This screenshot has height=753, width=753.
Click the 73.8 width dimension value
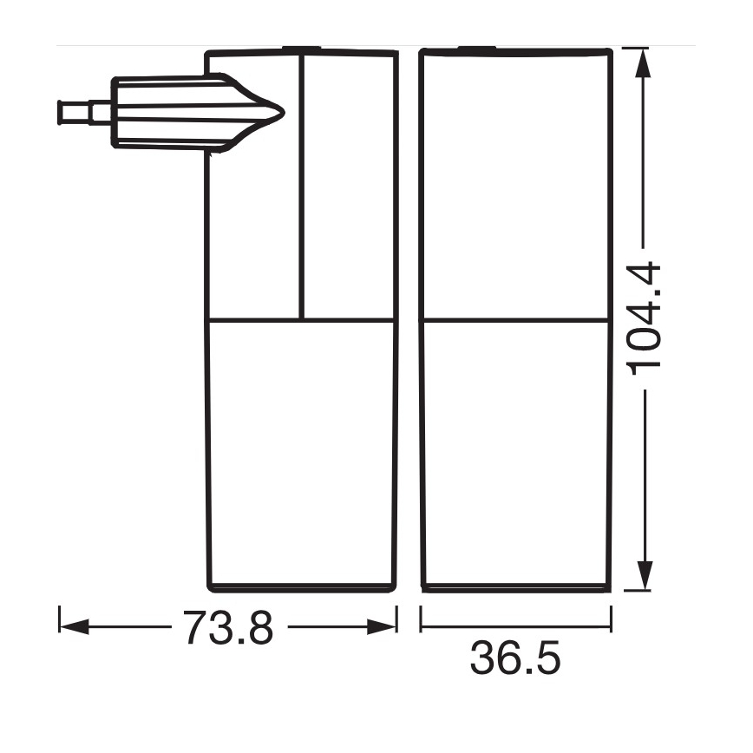[x=227, y=626]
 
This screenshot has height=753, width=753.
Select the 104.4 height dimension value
[x=646, y=318]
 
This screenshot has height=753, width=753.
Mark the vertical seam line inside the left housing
[x=300, y=187]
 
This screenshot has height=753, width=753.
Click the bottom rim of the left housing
[x=302, y=587]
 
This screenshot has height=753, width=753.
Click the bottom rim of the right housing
[x=515, y=588]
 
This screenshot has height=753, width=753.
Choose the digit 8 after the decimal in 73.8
[x=259, y=626]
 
